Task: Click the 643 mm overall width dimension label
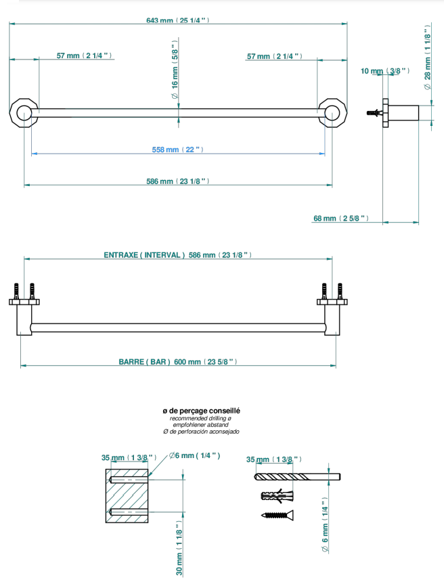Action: click(177, 20)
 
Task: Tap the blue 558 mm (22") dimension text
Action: click(177, 150)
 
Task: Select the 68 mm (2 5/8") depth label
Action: click(341, 219)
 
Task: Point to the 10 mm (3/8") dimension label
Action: click(384, 71)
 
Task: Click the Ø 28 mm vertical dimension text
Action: click(428, 58)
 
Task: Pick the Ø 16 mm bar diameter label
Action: click(175, 70)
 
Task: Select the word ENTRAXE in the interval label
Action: click(120, 255)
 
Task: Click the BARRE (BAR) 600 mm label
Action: click(178, 362)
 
